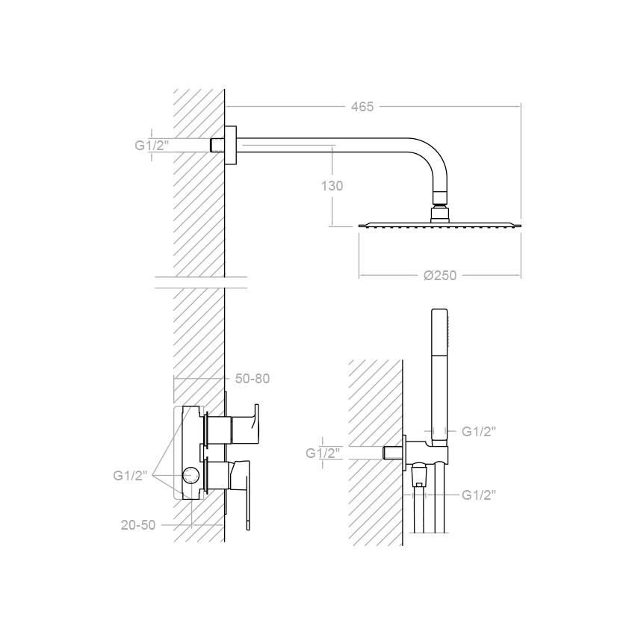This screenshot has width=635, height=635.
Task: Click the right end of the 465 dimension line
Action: (x=521, y=107)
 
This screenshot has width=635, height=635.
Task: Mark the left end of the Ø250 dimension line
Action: (x=359, y=275)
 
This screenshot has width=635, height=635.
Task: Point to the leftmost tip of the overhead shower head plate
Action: (x=359, y=225)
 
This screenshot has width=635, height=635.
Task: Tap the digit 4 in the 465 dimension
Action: (x=354, y=107)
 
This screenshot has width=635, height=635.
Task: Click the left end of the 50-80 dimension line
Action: (x=174, y=379)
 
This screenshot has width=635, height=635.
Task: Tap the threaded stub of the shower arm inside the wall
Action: (x=218, y=146)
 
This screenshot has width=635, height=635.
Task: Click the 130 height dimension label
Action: (x=332, y=186)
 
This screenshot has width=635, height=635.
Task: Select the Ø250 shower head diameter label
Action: (x=440, y=276)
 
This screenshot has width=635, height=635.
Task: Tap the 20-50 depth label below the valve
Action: (x=138, y=525)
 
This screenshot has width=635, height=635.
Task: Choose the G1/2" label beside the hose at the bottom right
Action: (x=479, y=495)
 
